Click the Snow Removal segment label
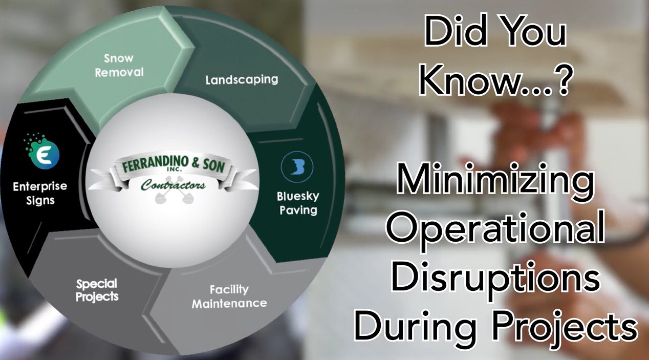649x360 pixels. click(x=119, y=65)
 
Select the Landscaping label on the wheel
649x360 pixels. click(x=242, y=80)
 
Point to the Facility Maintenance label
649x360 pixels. click(x=229, y=297)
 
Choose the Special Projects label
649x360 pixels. click(x=97, y=289)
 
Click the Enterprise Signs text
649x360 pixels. click(x=40, y=193)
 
